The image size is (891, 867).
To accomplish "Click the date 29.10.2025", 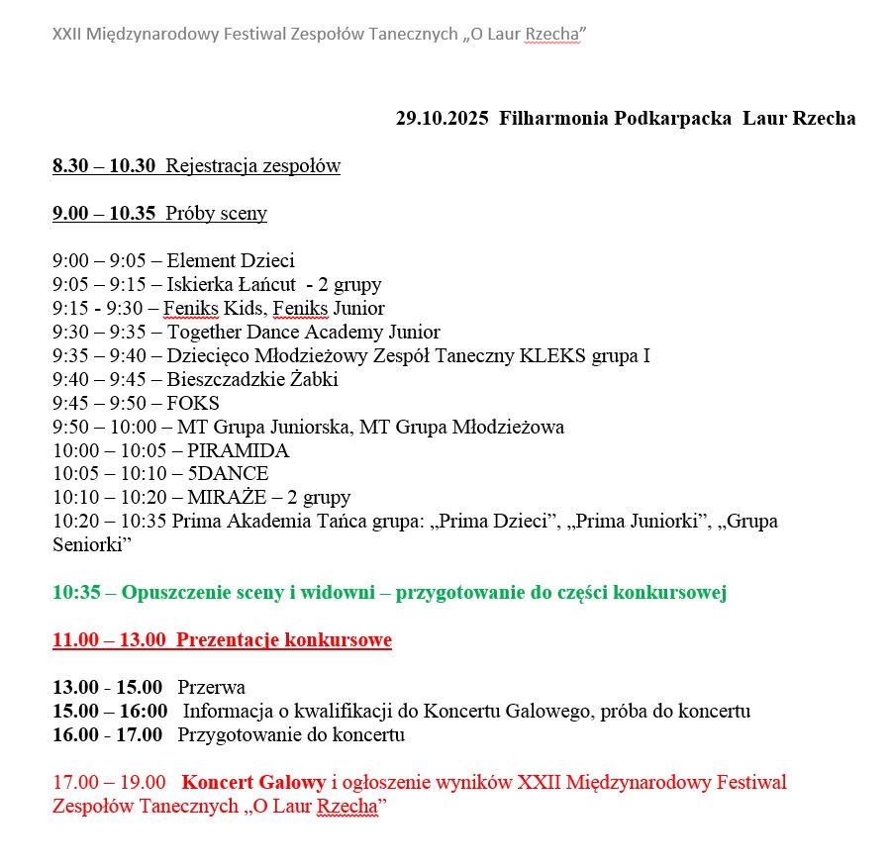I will click(x=443, y=119).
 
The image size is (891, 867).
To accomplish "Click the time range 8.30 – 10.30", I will click(x=104, y=166).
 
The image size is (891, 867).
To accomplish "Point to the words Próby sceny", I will click(x=216, y=214).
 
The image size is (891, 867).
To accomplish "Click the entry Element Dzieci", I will click(x=231, y=261).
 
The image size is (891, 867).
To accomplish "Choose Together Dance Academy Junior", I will click(x=303, y=333).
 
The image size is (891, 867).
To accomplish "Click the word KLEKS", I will click(x=552, y=356).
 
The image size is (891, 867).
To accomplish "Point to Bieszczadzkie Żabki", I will click(x=252, y=380).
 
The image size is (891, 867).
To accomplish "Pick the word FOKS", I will click(x=193, y=404).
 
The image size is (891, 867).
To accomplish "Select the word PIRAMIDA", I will click(x=239, y=451).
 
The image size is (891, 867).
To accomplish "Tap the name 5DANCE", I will click(x=228, y=474).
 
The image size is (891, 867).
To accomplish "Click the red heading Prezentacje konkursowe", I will click(x=284, y=640).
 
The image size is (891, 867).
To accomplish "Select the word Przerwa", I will click(x=212, y=688).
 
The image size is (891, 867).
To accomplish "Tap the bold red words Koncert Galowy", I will click(x=253, y=783).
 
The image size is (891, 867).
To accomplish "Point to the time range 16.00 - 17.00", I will click(x=107, y=735).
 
